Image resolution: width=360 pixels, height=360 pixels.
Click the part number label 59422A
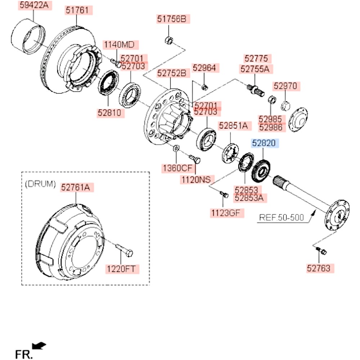point(33,5)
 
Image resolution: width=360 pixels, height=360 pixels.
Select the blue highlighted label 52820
point(265,144)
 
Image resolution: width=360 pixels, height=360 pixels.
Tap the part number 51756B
point(174,19)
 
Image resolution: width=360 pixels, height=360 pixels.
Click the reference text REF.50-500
point(282,217)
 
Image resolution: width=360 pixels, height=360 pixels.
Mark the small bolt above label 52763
point(321,251)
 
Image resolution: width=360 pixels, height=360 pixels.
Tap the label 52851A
point(233,126)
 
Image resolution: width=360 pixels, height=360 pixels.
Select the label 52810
point(111,113)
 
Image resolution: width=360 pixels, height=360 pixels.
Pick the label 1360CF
point(177,168)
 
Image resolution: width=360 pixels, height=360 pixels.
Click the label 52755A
point(255,69)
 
